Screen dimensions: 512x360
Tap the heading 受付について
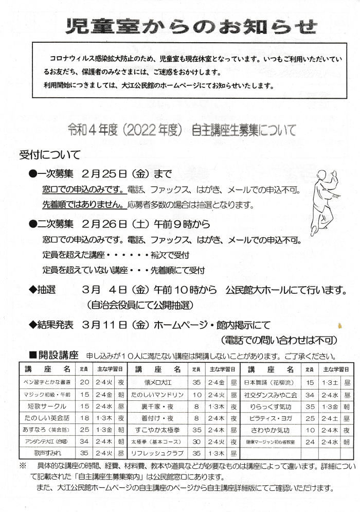coord(50,154)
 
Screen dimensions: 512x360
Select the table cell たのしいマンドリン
coord(157,394)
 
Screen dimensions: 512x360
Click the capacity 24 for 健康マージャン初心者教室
coord(310,442)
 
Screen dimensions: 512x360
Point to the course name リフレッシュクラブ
coord(157,453)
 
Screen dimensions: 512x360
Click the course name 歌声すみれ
coord(47,453)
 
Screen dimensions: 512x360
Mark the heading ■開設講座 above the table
coord(53,355)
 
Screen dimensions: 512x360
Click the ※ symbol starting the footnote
coord(23,466)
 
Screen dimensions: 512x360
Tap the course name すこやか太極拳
coord(157,430)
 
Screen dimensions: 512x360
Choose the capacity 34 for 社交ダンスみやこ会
coord(310,394)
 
